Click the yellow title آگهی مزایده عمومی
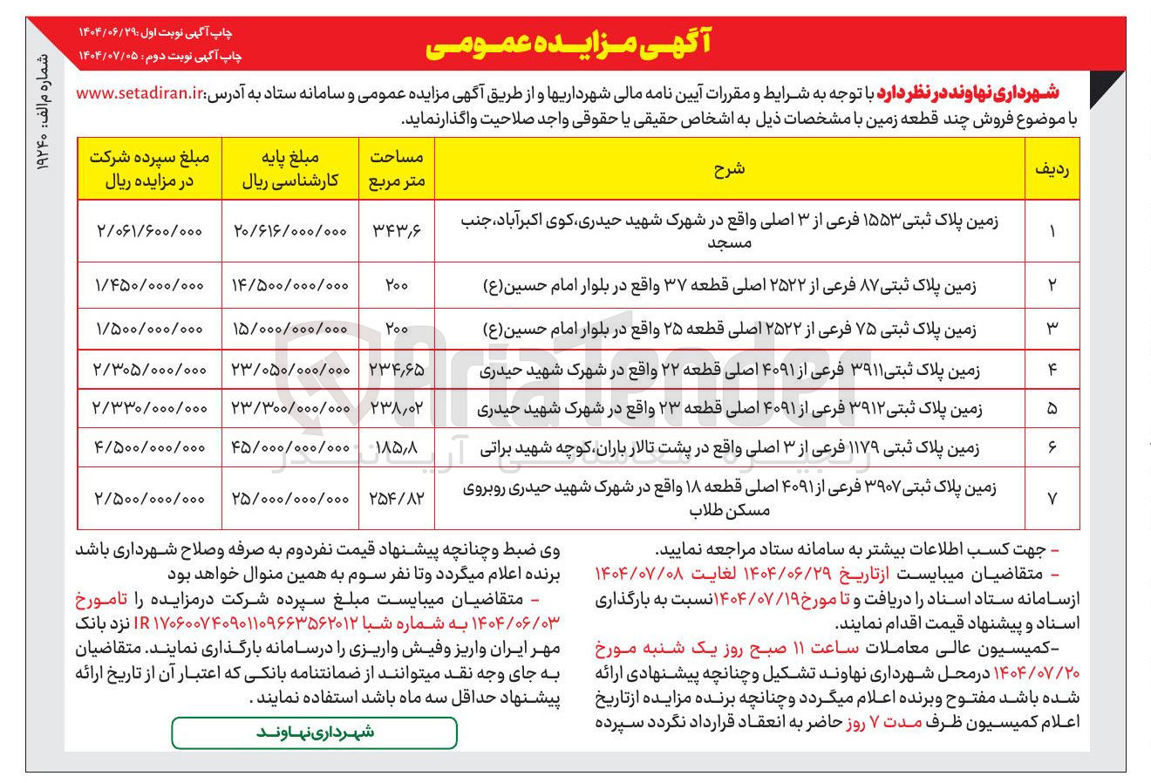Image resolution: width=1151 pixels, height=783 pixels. [x=568, y=45]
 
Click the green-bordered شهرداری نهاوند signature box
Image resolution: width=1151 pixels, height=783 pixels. [x=314, y=732]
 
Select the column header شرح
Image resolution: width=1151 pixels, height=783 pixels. [x=729, y=169]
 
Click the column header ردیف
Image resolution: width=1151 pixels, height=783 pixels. [x=1052, y=169]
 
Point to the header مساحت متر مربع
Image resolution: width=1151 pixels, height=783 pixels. [x=397, y=169]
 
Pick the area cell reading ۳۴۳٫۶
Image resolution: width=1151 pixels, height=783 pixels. [x=397, y=231]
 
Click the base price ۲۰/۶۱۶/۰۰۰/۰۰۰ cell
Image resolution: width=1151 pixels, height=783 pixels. [x=290, y=231]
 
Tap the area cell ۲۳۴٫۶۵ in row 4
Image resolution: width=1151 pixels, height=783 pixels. [x=397, y=370]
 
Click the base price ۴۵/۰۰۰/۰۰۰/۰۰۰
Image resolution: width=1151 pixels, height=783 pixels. [x=290, y=447]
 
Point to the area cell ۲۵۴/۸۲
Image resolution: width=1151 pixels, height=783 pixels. [x=397, y=499]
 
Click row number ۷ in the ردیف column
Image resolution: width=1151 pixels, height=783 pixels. [x=1052, y=499]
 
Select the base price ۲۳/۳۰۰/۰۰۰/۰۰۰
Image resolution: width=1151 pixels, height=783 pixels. [x=290, y=408]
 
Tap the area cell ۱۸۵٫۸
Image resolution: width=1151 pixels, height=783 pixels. [x=397, y=447]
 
